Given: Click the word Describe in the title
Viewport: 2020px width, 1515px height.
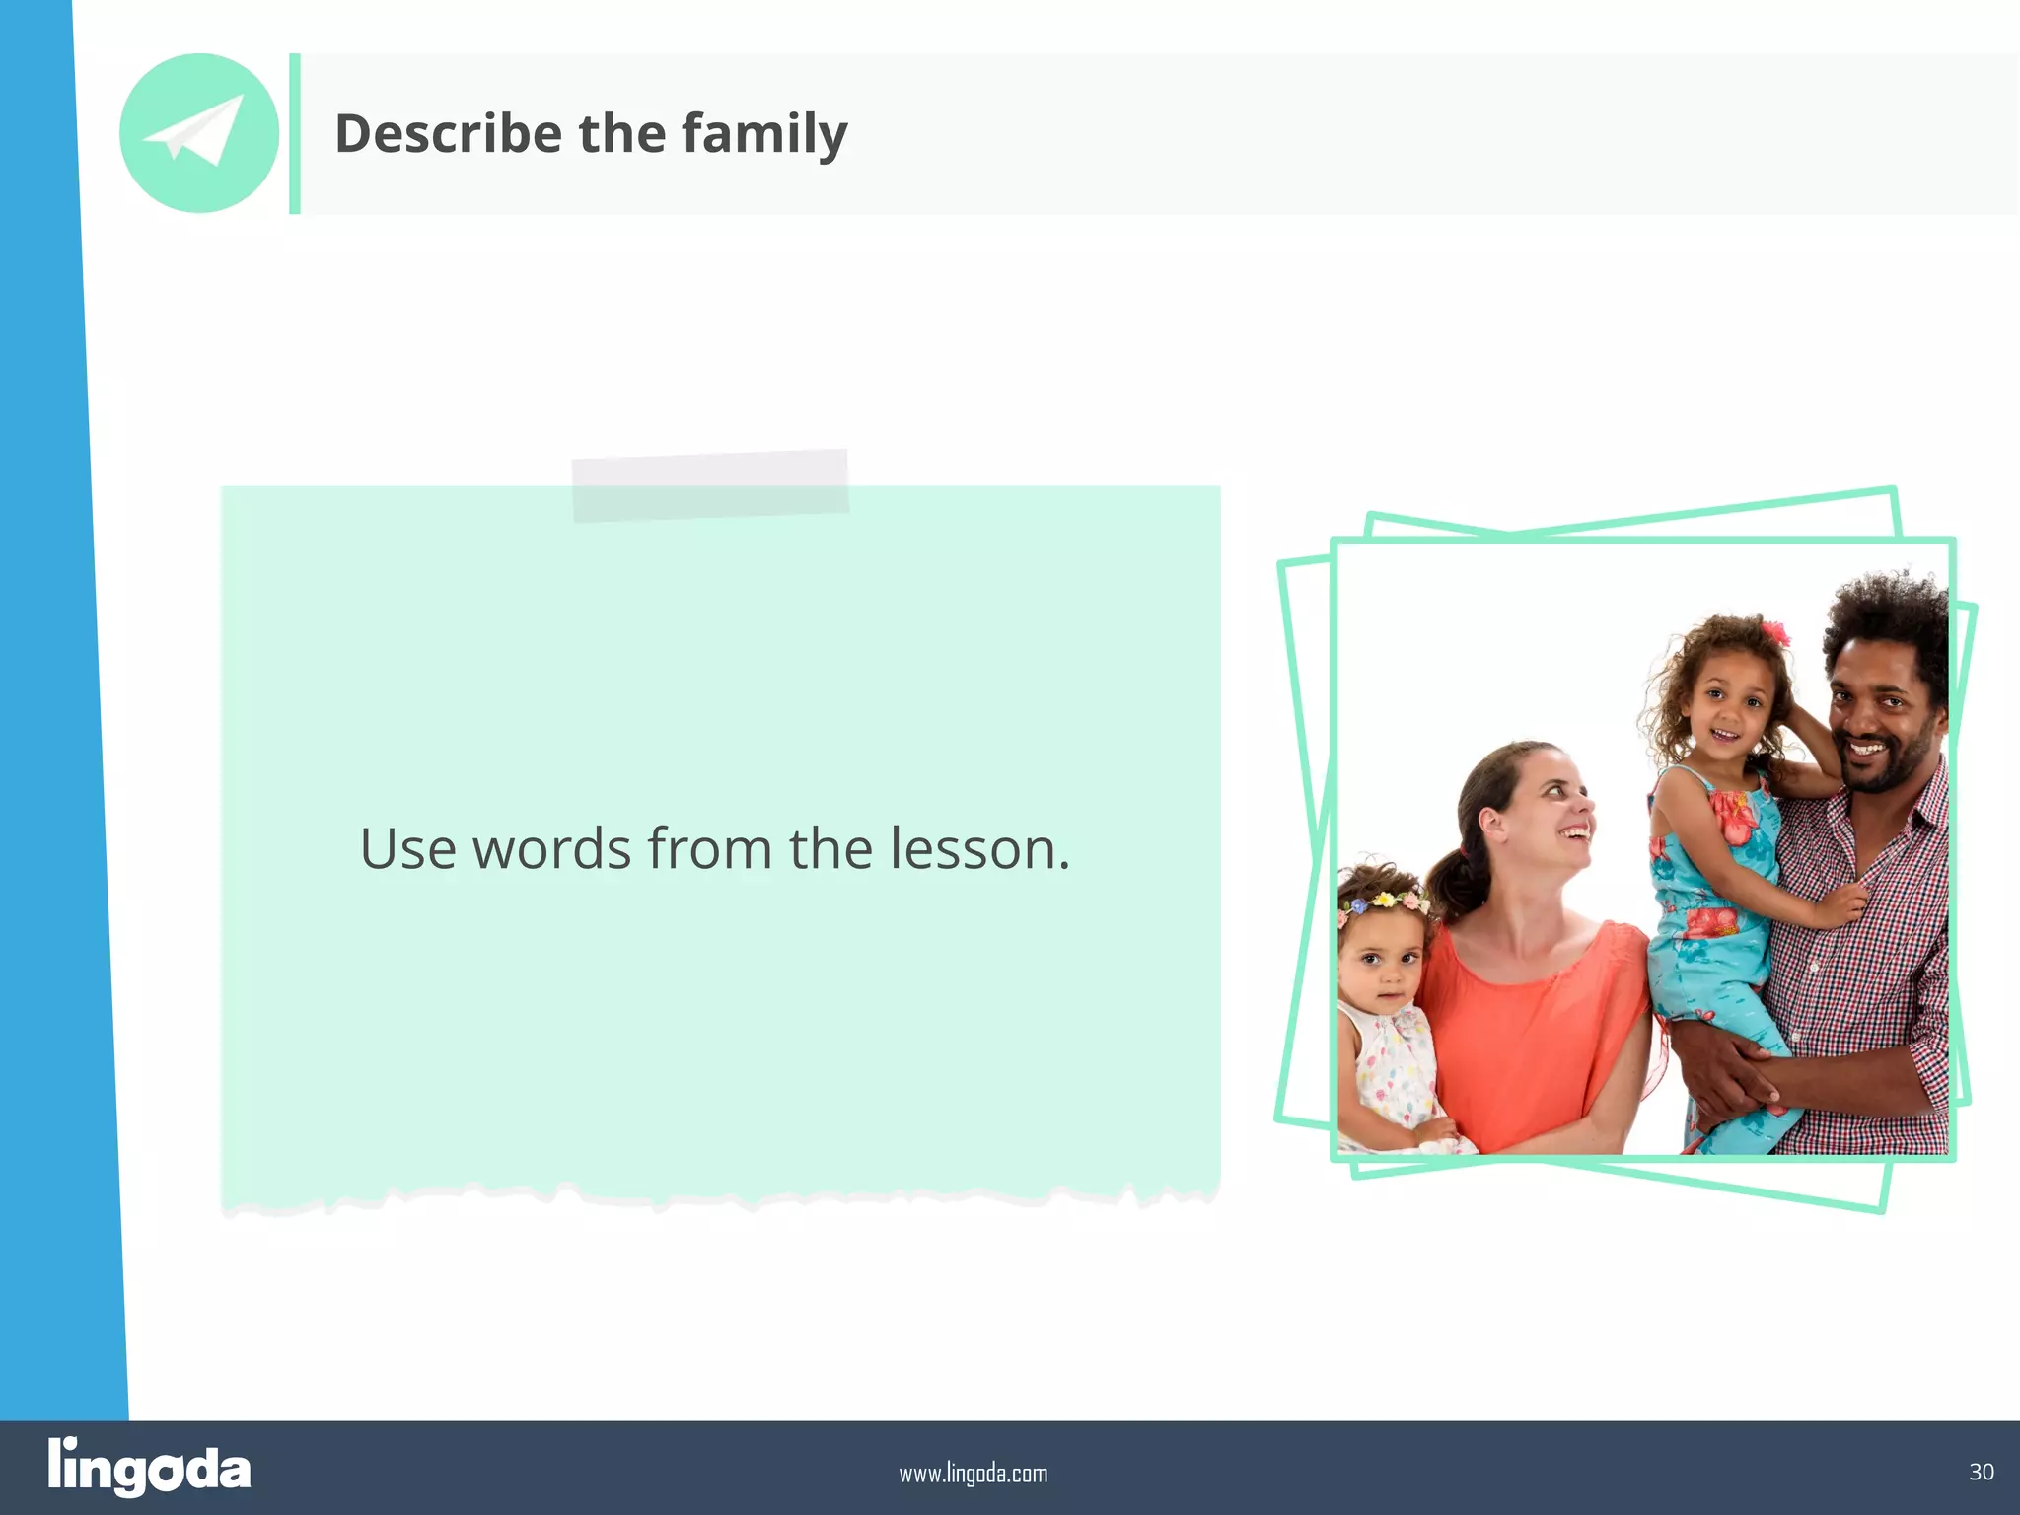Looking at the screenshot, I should (x=448, y=133).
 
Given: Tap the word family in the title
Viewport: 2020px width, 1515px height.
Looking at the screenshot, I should (x=764, y=135).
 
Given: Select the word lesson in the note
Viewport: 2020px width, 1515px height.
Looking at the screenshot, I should (x=979, y=849).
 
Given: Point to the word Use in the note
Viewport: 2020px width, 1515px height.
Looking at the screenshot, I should (x=407, y=849).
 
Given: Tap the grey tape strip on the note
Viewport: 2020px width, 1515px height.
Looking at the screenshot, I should (x=710, y=484).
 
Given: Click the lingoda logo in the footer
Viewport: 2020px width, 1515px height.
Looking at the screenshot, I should (x=149, y=1467).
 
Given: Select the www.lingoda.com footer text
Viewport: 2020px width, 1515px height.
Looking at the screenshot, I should (x=973, y=1474).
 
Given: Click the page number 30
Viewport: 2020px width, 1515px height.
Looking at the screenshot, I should (x=1981, y=1472).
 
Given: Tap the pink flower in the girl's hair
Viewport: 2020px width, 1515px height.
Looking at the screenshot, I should (x=1774, y=633).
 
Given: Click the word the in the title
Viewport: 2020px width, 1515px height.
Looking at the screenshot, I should (x=621, y=133).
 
